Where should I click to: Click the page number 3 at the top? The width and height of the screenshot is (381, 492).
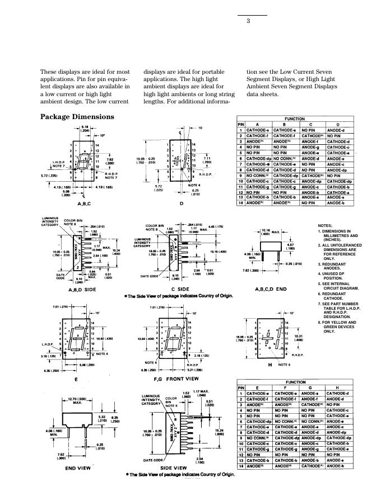[247, 22]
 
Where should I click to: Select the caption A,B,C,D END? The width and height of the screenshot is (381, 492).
[274, 289]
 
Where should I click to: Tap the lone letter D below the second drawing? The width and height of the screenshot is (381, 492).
[181, 205]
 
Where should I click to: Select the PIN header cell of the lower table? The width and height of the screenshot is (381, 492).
[241, 387]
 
